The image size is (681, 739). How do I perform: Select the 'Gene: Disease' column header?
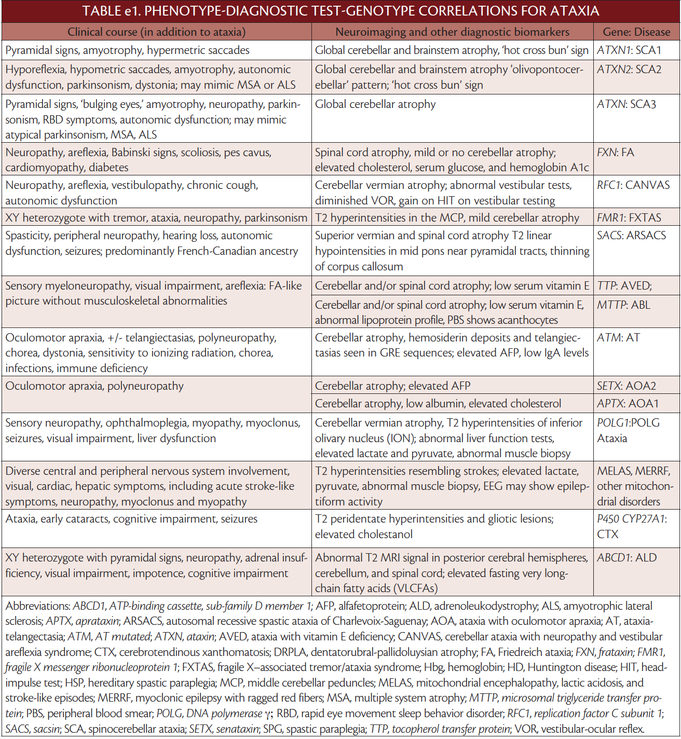pyautogui.click(x=636, y=32)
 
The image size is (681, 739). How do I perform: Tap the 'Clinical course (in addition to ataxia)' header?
pyautogui.click(x=156, y=32)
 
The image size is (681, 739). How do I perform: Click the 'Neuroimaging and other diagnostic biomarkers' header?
pyautogui.click(x=452, y=32)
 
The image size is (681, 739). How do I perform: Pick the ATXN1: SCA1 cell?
pyautogui.click(x=629, y=50)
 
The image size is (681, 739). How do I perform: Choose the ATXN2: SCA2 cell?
pyautogui.click(x=629, y=70)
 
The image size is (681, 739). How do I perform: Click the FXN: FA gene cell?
pyautogui.click(x=616, y=153)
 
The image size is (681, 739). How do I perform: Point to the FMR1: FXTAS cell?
pyautogui.click(x=630, y=218)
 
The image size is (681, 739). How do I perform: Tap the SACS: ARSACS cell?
pyautogui.click(x=631, y=236)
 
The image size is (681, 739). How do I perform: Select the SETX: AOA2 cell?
pyautogui.click(x=626, y=386)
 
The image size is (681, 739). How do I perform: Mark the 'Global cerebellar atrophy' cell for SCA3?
pyautogui.click(x=375, y=104)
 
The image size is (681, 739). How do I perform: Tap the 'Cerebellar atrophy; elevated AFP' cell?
pyautogui.click(x=392, y=386)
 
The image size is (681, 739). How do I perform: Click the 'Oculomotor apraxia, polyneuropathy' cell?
pyautogui.click(x=94, y=386)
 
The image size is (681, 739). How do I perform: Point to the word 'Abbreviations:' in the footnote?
pyautogui.click(x=38, y=606)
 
